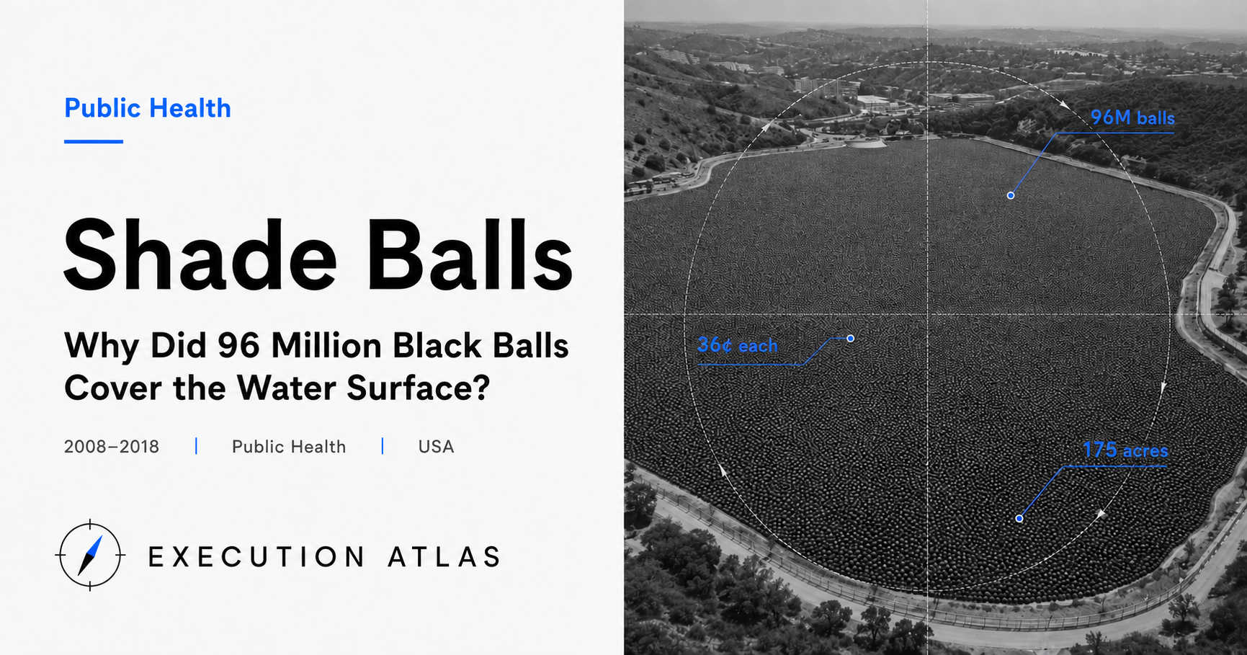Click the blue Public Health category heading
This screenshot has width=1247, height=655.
click(148, 109)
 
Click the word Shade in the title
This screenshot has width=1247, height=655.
click(200, 256)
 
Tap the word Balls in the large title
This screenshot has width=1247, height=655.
click(474, 256)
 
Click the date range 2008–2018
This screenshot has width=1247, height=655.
click(112, 447)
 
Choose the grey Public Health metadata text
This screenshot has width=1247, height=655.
click(289, 447)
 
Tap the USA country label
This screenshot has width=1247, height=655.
click(436, 447)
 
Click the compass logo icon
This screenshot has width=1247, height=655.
click(90, 556)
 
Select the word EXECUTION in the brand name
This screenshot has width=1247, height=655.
click(256, 557)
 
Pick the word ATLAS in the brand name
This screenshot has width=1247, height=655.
click(444, 557)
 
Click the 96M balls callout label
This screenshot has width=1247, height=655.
click(1132, 117)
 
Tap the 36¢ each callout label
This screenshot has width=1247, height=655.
click(738, 345)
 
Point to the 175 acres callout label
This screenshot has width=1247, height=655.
click(1125, 450)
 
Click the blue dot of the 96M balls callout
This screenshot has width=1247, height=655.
click(1011, 195)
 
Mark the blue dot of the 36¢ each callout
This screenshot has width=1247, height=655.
click(851, 338)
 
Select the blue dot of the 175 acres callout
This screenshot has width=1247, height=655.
click(1019, 518)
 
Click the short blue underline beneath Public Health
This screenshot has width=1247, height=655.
click(94, 141)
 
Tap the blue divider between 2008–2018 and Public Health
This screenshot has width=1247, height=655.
click(196, 446)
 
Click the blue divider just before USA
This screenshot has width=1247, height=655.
click(383, 446)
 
